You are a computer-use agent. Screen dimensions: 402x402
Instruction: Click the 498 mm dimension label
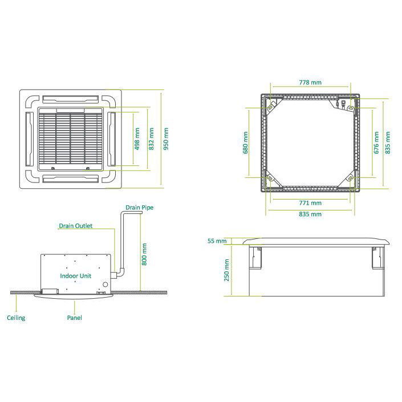click(137, 139)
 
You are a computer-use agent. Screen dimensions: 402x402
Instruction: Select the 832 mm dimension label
click(151, 139)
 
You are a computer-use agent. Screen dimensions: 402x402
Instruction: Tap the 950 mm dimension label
click(166, 139)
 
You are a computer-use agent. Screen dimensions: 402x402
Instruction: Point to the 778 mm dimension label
click(310, 82)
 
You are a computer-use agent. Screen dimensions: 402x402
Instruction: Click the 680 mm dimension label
click(245, 143)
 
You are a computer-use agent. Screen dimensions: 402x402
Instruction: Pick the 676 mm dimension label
click(376, 143)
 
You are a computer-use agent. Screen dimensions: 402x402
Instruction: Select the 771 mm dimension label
click(310, 203)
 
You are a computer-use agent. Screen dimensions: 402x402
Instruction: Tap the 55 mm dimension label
click(217, 241)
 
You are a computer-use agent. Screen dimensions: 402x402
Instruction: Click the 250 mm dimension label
click(226, 270)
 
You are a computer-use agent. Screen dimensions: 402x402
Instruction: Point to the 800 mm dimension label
click(144, 254)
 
